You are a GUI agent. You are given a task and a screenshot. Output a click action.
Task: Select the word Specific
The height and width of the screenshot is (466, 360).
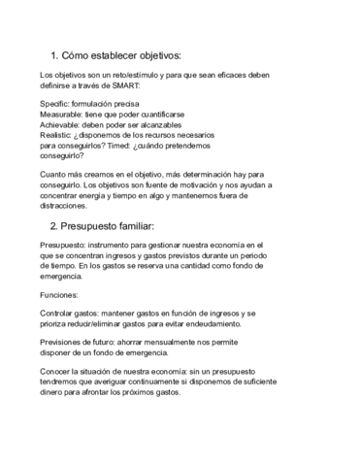click(x=55, y=103)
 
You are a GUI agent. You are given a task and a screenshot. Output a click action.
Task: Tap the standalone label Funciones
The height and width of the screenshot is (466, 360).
click(x=59, y=294)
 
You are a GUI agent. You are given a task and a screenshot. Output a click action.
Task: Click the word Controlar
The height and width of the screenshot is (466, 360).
click(x=60, y=314)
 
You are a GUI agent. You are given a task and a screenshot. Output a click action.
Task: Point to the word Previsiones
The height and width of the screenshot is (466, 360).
click(x=64, y=342)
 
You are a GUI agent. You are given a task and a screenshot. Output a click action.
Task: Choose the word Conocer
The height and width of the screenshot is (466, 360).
click(x=57, y=370)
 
